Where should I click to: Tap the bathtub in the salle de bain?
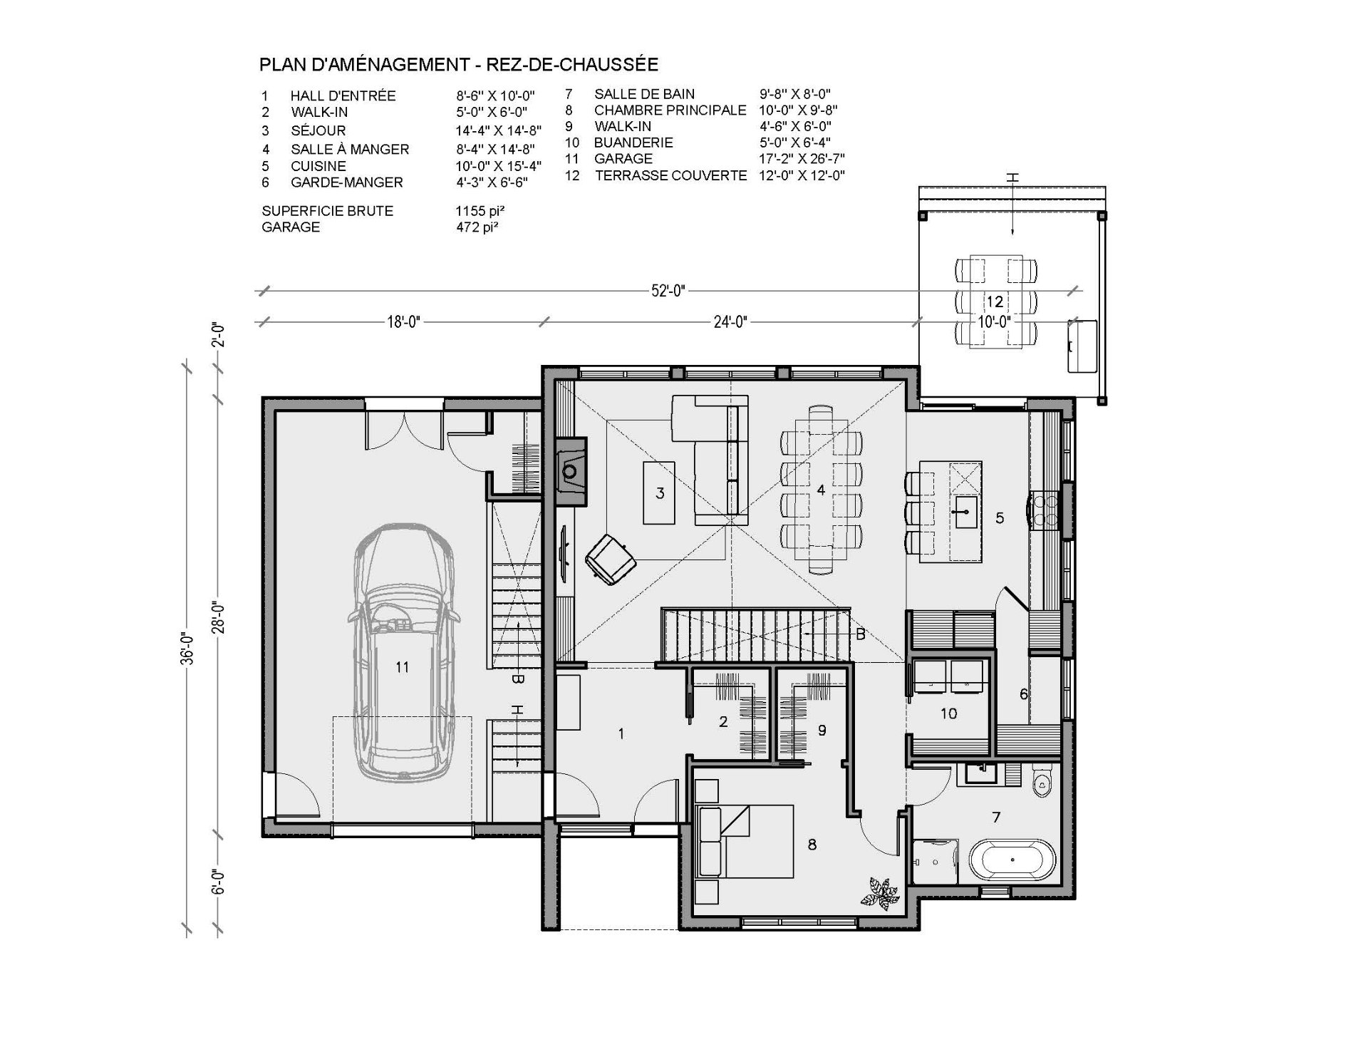tap(1011, 860)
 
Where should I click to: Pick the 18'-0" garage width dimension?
tap(403, 322)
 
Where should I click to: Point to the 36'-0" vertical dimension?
tap(187, 647)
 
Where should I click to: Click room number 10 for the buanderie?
tap(948, 713)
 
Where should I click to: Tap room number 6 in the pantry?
tap(1024, 694)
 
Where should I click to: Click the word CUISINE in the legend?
tap(318, 166)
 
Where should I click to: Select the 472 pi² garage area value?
tap(477, 227)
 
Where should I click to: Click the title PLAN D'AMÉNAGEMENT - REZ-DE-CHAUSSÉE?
tap(459, 65)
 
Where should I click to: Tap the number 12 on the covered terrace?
tap(995, 301)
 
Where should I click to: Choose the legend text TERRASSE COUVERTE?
tap(671, 175)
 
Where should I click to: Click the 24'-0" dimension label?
tap(730, 322)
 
